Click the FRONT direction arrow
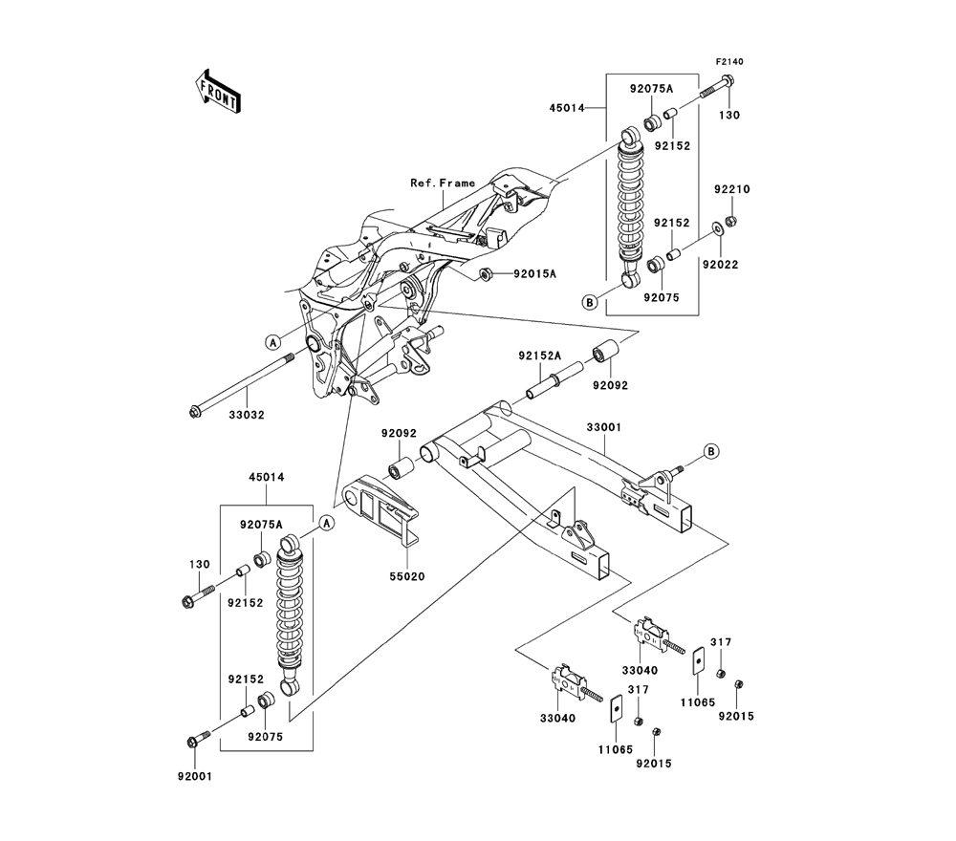[218, 92]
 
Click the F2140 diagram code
[729, 61]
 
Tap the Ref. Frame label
[443, 183]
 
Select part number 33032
[247, 415]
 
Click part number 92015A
[534, 274]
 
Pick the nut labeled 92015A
[486, 274]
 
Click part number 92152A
[539, 356]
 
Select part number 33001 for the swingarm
[603, 427]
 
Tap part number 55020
[407, 576]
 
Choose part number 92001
[195, 776]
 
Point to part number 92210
[732, 189]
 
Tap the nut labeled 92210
[732, 221]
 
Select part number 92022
[720, 265]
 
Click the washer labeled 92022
[718, 229]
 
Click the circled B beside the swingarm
[711, 452]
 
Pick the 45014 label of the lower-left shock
[267, 477]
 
